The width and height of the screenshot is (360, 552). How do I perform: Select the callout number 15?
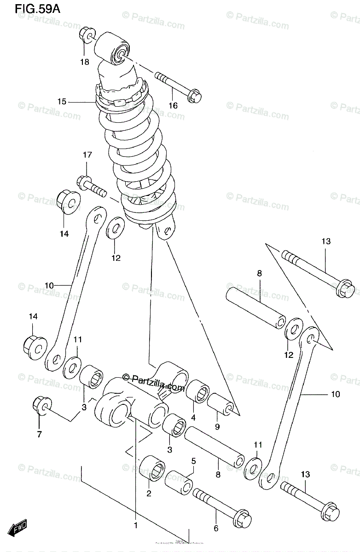pyautogui.click(x=62, y=101)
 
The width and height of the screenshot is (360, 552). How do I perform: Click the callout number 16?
pyautogui.click(x=173, y=106)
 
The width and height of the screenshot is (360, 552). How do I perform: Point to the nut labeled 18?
pyautogui.click(x=87, y=34)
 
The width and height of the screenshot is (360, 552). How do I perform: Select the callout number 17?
pyautogui.click(x=87, y=155)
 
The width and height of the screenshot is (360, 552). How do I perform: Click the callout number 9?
pyautogui.click(x=217, y=426)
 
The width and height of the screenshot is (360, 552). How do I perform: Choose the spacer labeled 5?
pyautogui.click(x=180, y=482)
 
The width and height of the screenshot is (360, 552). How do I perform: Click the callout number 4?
pyautogui.click(x=193, y=418)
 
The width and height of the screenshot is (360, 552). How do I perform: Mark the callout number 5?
pyautogui.click(x=194, y=460)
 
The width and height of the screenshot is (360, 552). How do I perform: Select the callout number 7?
pyautogui.click(x=39, y=433)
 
